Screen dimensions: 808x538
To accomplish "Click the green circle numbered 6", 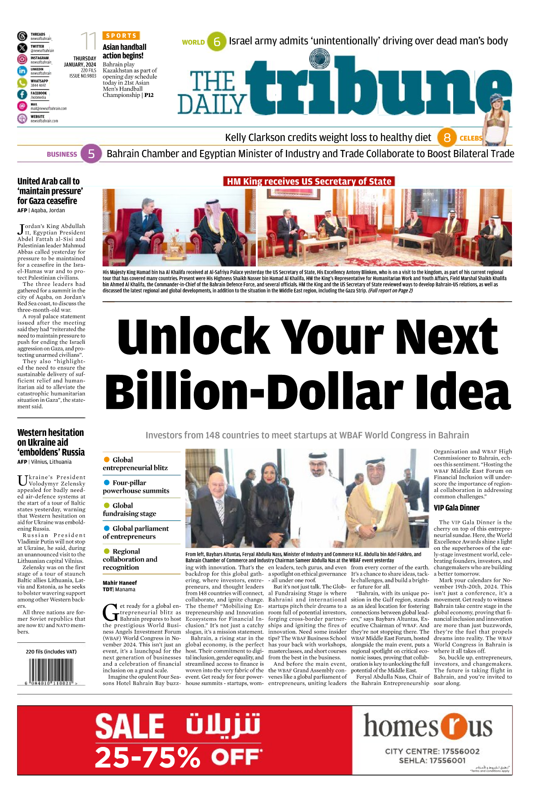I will (x=217, y=42).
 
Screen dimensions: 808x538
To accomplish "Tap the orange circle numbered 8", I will (x=446, y=137).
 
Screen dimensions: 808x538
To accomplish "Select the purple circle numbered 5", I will (x=91, y=154).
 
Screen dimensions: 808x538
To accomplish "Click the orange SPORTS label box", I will (x=121, y=35).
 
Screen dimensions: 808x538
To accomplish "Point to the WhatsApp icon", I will (x=22, y=83).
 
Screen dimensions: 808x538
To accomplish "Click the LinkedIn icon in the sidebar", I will (x=22, y=71).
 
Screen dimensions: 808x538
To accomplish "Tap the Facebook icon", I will (x=22, y=94).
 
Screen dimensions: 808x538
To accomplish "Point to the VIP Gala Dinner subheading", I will (x=456, y=508).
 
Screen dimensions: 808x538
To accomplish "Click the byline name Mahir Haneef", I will (x=120, y=583).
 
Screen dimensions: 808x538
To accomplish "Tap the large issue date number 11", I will (x=88, y=42).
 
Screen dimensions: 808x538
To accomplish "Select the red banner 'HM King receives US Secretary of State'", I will (x=309, y=181).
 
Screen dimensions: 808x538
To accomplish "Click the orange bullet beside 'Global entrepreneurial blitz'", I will (x=107, y=459).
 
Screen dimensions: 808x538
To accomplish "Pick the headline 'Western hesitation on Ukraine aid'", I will (x=51, y=442).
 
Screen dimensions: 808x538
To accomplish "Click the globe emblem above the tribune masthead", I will (x=319, y=58).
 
